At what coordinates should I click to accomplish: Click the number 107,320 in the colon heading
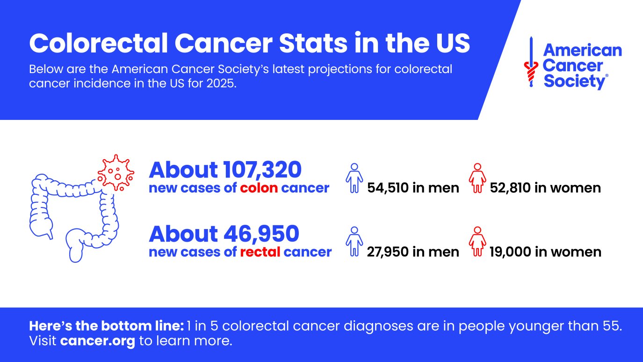pyautogui.click(x=262, y=170)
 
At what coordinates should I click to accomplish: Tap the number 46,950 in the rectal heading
pyautogui.click(x=260, y=234)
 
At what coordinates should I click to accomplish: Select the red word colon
pyautogui.click(x=259, y=188)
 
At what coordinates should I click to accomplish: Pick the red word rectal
pyautogui.click(x=260, y=252)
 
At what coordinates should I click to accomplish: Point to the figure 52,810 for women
pyautogui.click(x=510, y=188)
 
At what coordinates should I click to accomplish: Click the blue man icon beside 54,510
pyautogui.click(x=354, y=178)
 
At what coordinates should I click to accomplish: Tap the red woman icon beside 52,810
pyautogui.click(x=477, y=178)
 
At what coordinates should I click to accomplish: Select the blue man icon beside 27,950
pyautogui.click(x=354, y=242)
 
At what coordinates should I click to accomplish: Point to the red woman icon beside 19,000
pyautogui.click(x=477, y=242)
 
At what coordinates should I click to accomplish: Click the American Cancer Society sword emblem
pyautogui.click(x=531, y=62)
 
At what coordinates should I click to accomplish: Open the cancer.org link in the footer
pyautogui.click(x=97, y=341)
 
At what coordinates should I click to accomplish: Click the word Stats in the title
pyautogui.click(x=313, y=44)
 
